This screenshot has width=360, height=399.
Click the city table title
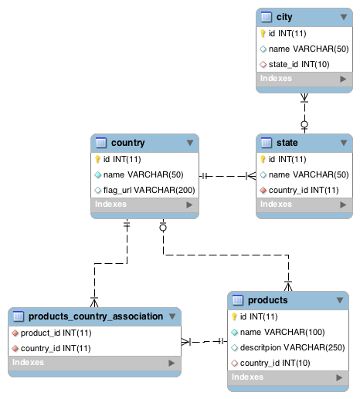284,17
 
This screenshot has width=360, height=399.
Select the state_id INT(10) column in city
299,64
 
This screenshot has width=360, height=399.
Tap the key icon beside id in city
263,33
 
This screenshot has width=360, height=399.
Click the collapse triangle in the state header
344,143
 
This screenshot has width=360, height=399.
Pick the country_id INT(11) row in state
304,191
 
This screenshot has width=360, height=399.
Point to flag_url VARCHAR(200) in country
149,191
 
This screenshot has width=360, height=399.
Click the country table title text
128,143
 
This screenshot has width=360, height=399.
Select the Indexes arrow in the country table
189,205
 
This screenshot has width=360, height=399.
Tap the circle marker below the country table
163,228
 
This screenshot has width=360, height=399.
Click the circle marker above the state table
304,124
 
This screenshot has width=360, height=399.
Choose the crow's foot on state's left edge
251,176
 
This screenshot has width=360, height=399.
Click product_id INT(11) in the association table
56,333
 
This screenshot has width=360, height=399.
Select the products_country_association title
96,316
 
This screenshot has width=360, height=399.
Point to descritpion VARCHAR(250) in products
293,348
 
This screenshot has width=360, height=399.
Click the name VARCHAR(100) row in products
283,333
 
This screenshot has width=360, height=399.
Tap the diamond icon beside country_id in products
234,363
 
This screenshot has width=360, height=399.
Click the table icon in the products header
238,300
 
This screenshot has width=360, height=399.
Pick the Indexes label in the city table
276,79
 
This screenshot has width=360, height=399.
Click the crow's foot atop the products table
288,286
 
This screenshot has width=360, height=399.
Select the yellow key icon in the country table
97,159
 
